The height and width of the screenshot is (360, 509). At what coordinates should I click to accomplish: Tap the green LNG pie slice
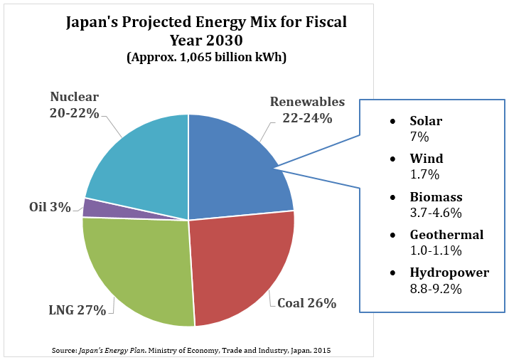[x=139, y=270]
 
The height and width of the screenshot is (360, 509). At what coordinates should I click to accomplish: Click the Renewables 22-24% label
[x=306, y=110]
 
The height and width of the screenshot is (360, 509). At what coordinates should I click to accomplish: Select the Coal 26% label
[x=306, y=303]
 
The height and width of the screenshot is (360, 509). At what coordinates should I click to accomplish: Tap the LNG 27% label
[x=78, y=309]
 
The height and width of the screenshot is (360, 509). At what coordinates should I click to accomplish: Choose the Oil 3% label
[x=50, y=207]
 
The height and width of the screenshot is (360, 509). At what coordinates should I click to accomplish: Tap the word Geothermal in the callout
[x=446, y=235]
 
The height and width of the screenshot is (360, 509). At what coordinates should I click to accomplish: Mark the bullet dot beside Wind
[x=394, y=160]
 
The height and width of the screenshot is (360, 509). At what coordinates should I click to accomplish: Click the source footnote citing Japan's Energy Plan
[x=191, y=350]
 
